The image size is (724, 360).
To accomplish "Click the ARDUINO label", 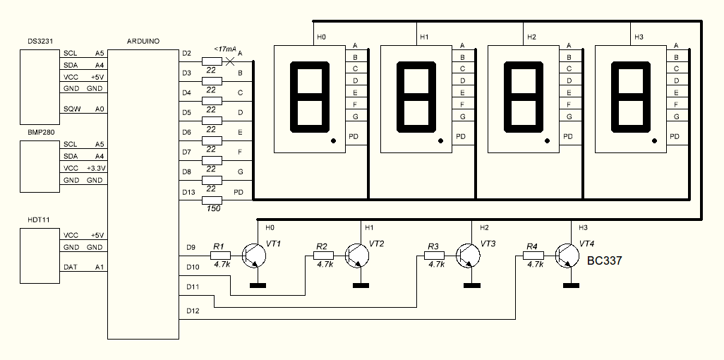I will pos(143,42).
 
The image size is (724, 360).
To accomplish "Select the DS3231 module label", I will pos(34,42).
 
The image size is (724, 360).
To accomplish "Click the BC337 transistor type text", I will pos(604,261).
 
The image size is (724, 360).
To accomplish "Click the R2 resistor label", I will pos(322,246).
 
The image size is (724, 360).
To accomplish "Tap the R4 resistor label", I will pos(532,246).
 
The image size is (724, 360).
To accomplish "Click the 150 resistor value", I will pos(212,209).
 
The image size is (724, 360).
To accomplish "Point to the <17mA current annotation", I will pos(215,49).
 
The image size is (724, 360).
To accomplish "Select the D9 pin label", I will pos(191,248).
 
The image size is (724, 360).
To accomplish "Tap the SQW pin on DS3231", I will pos(71,109).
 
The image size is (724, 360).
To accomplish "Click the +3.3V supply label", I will pos(95,169).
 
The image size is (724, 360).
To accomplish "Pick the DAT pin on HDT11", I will pos(71,267).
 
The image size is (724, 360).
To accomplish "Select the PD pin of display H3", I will pos(675,136).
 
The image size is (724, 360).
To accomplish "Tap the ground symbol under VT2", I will pos(361,285).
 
